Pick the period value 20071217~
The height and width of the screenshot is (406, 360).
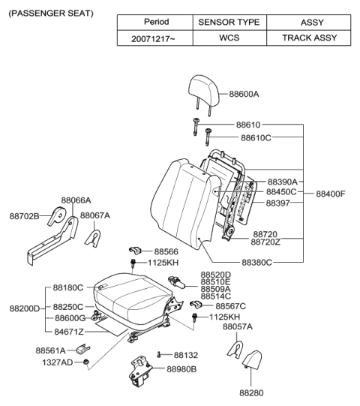156,37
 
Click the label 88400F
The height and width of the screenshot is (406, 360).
330,194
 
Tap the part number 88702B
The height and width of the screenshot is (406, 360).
24,215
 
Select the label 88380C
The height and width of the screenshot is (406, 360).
256,263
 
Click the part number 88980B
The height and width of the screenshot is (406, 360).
181,369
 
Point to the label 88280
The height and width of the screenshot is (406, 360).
252,392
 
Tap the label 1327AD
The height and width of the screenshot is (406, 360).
58,363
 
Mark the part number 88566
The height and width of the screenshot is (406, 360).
167,251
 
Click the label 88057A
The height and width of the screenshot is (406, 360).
238,327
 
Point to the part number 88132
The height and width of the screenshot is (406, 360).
186,355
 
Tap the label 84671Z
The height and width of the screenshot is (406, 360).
69,331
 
